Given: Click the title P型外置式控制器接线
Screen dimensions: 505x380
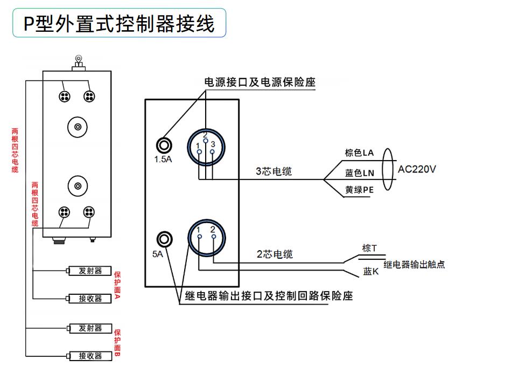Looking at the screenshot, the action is (119, 24).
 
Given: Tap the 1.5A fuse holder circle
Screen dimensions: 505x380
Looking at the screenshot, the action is (164, 146).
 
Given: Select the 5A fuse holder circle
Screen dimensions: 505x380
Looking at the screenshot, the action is (165, 239).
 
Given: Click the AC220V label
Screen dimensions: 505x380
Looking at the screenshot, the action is (417, 169).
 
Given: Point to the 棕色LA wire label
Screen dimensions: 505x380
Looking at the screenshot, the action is (359, 153).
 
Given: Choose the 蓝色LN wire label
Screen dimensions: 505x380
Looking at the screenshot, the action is (360, 173).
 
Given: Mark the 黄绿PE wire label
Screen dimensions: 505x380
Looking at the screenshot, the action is (359, 190).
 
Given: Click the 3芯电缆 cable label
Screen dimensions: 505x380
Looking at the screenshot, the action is (273, 171).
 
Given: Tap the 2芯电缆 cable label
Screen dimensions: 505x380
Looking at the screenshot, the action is (275, 254).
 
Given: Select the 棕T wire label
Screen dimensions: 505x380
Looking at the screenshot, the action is (369, 248).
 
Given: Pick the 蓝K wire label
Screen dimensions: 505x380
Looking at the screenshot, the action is (371, 271).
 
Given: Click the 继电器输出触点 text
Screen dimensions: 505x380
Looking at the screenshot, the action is (414, 265).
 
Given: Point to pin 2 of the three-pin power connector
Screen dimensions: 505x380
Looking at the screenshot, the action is (206, 141).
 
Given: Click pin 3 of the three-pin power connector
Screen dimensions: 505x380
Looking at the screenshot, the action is (212, 151).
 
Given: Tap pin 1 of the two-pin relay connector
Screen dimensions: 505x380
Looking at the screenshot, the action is (200, 237).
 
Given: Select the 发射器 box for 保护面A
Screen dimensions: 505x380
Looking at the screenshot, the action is (90, 271).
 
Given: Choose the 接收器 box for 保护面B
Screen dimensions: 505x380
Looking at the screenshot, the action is (90, 356).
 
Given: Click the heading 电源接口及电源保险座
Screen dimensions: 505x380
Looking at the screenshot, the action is (259, 82).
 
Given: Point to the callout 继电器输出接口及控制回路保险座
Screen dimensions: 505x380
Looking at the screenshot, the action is (269, 295).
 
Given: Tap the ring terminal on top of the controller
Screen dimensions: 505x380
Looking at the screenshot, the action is (78, 59).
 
